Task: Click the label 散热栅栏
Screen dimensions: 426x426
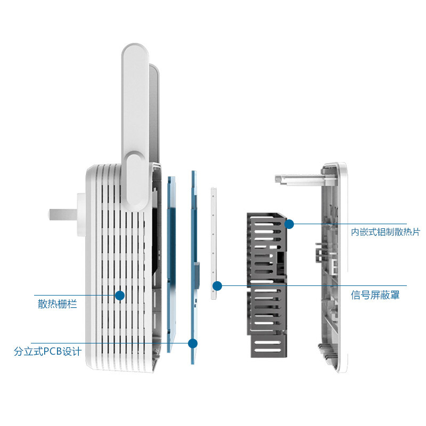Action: (x=58, y=304)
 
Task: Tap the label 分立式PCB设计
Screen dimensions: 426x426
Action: (x=47, y=351)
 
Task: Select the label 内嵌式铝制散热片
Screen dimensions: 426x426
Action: (x=385, y=232)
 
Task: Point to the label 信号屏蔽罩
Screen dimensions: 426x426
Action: (x=375, y=295)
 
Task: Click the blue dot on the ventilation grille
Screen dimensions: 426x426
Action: (x=120, y=296)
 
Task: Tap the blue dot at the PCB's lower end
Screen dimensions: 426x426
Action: (x=193, y=343)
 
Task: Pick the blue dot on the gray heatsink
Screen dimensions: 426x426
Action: (x=289, y=224)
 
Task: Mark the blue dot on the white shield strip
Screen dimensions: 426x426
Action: (x=217, y=286)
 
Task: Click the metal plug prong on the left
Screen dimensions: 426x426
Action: (x=63, y=215)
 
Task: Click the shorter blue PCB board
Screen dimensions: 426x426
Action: (x=171, y=264)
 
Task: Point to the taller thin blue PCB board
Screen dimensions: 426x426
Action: (x=194, y=268)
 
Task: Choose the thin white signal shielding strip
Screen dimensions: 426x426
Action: (x=214, y=243)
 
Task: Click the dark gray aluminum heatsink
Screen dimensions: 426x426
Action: (x=267, y=285)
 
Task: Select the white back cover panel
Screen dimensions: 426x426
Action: (x=334, y=268)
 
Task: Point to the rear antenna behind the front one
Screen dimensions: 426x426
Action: (x=154, y=114)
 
